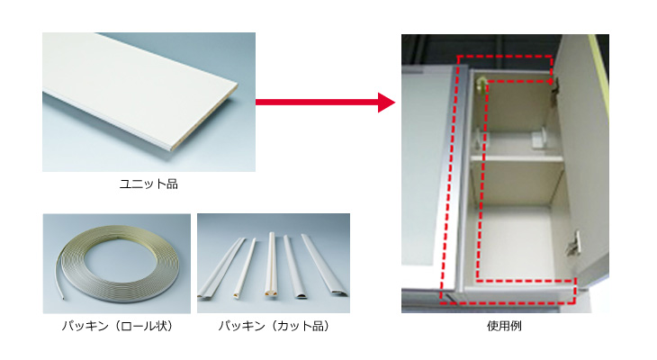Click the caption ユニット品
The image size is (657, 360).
coord(148,184)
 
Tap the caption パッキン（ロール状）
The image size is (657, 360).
coord(117,326)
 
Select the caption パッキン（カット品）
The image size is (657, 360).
coord(274,326)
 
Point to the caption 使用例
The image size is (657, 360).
coord(504,326)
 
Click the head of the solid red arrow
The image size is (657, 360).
coord(386,103)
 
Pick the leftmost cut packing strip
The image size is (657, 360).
coord(221,268)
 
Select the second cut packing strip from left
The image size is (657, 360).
coord(245,269)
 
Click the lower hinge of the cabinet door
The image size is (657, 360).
coord(573,244)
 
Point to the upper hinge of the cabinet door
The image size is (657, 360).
coord(556,85)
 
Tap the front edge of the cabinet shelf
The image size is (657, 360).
coord(517,158)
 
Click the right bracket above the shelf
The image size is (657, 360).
coord(539,139)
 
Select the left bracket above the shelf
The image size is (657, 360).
coord(479,139)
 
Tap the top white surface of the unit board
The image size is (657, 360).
coord(134,84)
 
